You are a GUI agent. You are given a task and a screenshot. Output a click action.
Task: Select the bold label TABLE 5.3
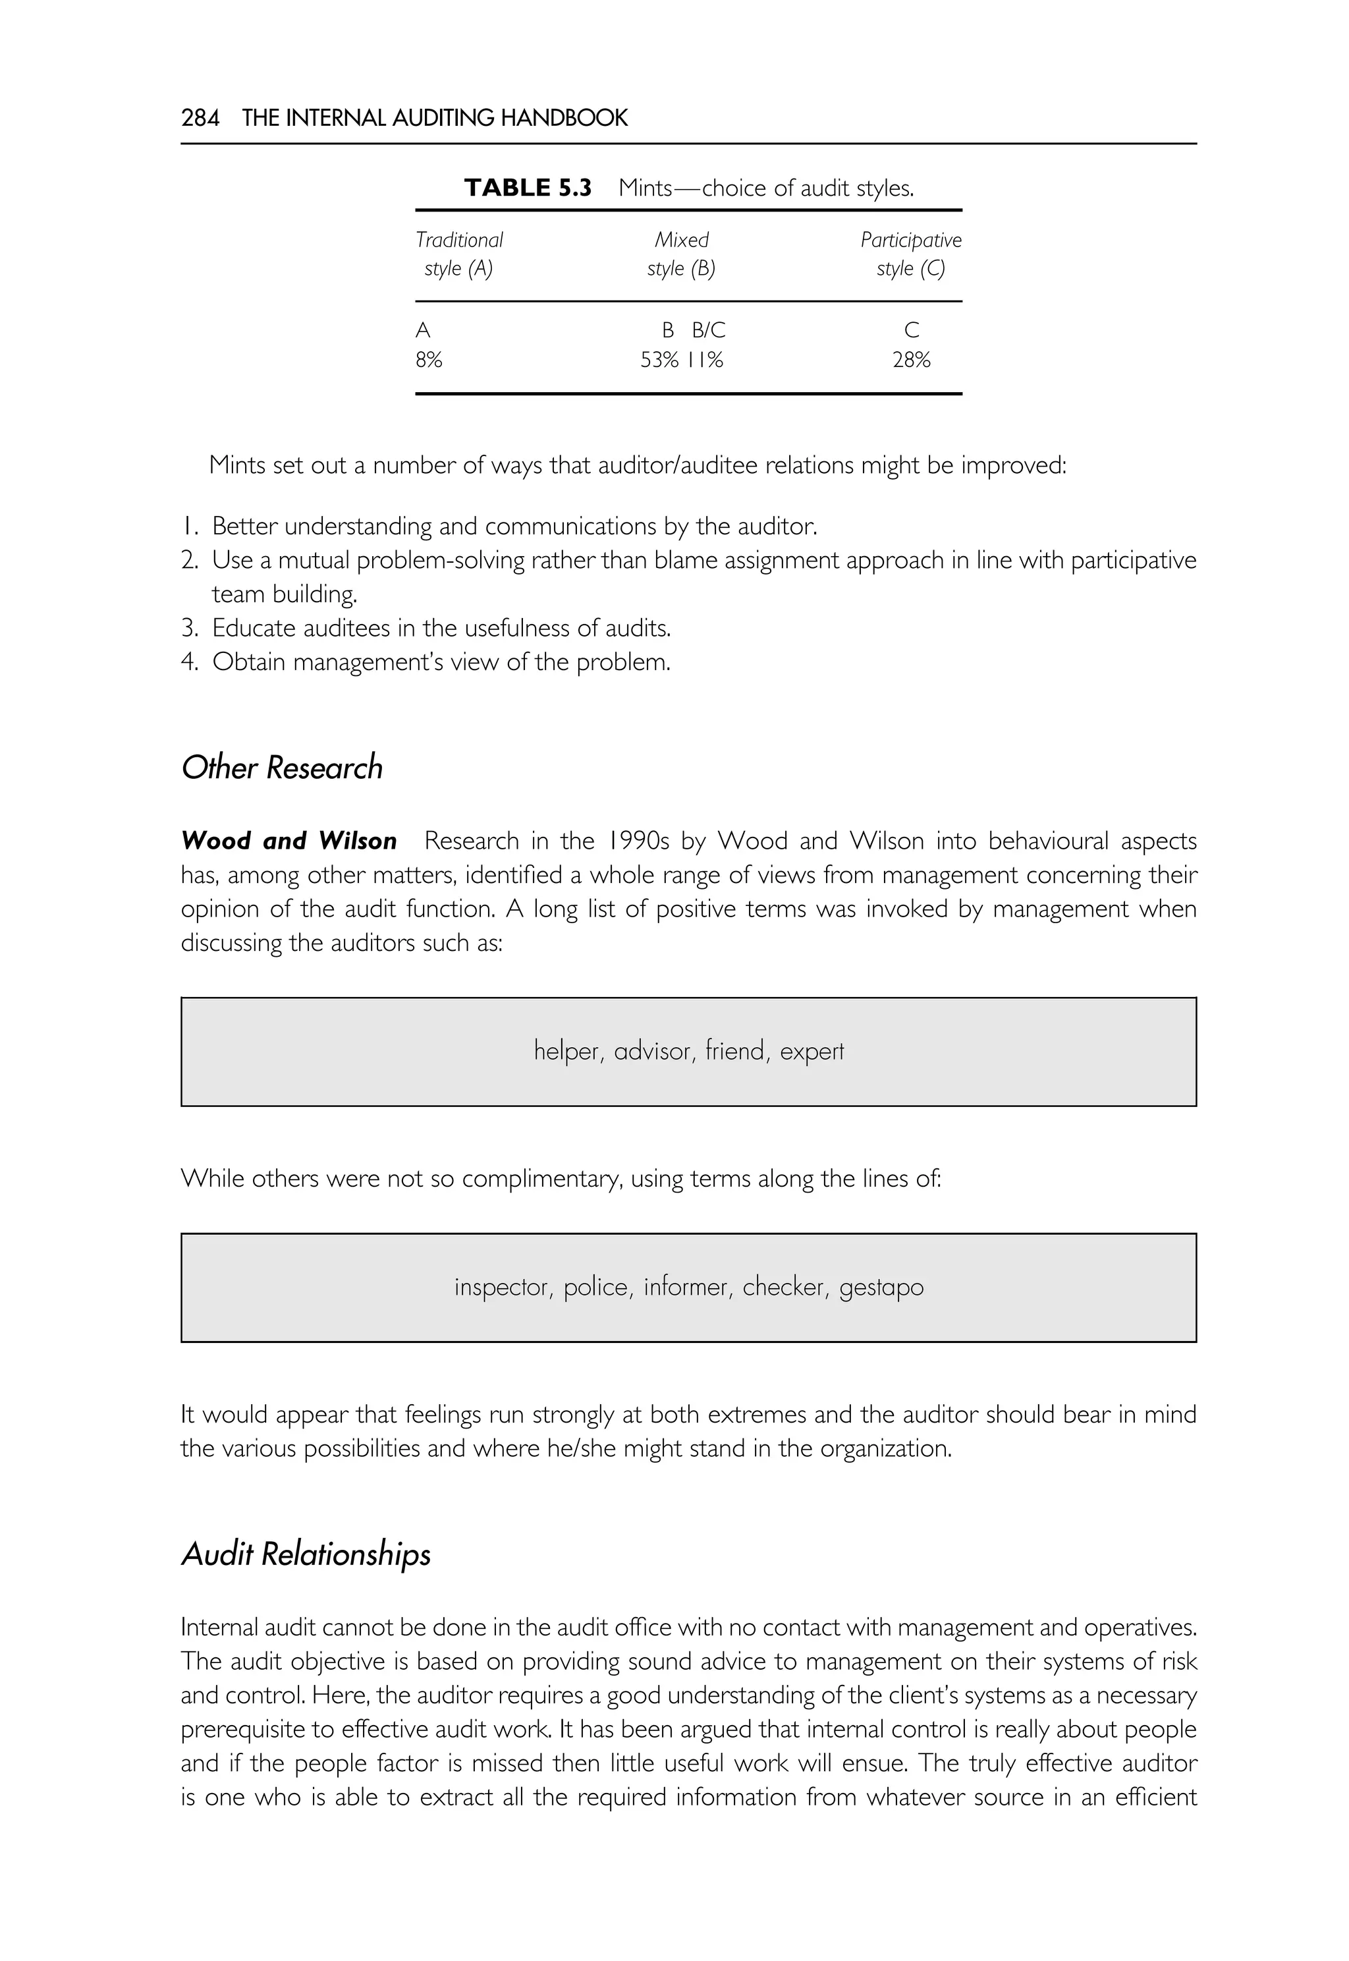tap(528, 188)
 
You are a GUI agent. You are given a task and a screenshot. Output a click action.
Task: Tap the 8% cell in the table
tap(429, 360)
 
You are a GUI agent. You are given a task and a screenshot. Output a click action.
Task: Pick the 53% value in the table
tap(659, 360)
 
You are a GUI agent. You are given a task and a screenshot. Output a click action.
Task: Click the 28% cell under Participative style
tap(911, 360)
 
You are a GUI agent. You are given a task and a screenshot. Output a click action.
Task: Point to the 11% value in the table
tap(705, 360)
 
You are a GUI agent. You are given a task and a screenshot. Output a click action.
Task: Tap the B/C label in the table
tap(708, 329)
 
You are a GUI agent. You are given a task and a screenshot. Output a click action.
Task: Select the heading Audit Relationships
tap(306, 1554)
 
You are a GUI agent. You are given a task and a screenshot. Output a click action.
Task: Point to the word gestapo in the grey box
tap(881, 1288)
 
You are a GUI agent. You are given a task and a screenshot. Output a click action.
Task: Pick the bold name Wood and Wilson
tap(289, 841)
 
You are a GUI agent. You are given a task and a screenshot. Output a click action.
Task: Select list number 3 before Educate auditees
tap(189, 629)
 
